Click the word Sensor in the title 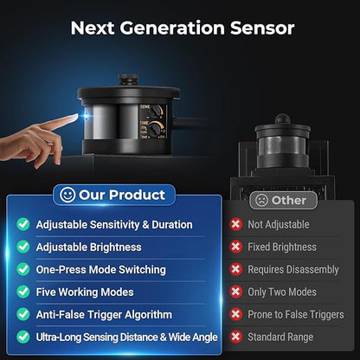coord(262,28)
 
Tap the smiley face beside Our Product coord(67,195)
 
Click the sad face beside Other coord(261,200)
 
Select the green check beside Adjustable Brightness coord(23,247)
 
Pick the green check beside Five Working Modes coord(23,292)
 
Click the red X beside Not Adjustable coord(235,224)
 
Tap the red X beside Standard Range coord(235,337)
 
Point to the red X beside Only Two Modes coord(235,292)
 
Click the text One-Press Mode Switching coord(101,270)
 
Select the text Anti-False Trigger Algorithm coord(104,315)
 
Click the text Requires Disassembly coord(293,269)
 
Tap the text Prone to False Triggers coord(296,314)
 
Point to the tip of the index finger coord(76,116)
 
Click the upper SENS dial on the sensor coord(157,111)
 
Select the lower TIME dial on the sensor coord(155,127)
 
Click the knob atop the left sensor coord(128,80)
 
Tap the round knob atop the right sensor coord(282,119)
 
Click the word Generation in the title coord(172,28)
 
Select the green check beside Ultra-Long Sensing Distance coord(23,337)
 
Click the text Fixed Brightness coord(282,247)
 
